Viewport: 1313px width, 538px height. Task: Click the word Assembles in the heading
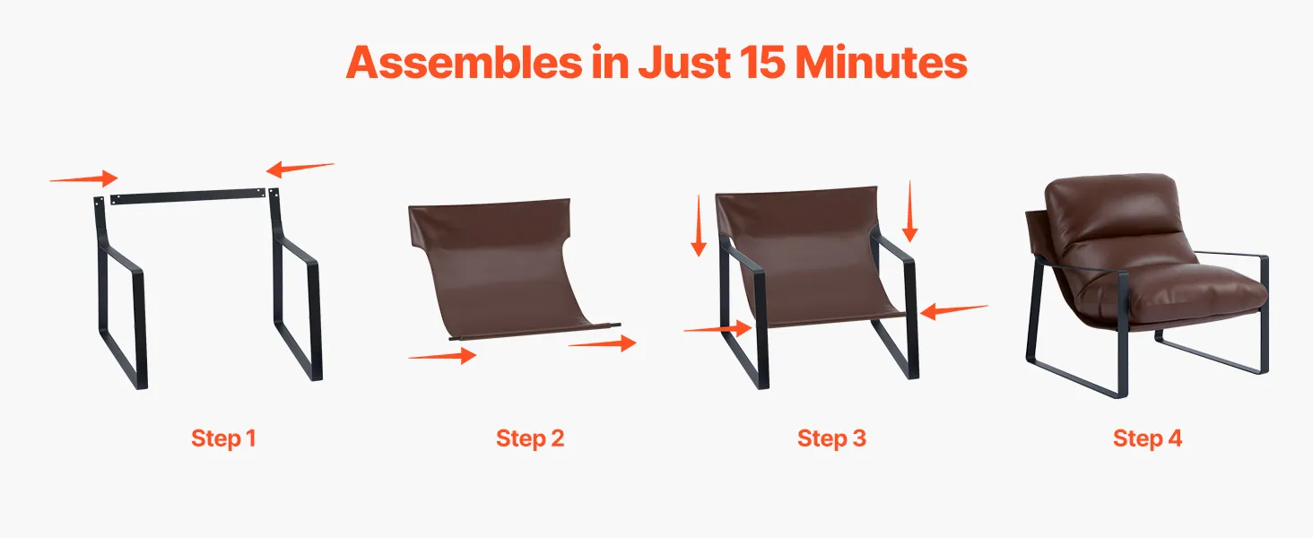click(x=465, y=62)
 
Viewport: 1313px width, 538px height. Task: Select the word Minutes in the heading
click(x=882, y=62)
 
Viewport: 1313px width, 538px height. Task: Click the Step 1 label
click(x=223, y=438)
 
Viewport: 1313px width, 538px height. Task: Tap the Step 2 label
click(x=530, y=438)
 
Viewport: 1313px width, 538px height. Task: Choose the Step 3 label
click(x=831, y=438)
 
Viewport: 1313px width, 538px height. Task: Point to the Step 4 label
click(x=1147, y=438)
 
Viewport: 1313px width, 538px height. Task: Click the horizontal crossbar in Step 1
click(x=187, y=195)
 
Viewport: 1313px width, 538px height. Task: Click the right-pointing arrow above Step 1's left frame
click(x=83, y=178)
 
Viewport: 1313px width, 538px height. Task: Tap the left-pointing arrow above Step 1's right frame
click(x=300, y=169)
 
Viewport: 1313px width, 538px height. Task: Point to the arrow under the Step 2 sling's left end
click(x=442, y=355)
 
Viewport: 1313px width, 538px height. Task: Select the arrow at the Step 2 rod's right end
click(x=603, y=343)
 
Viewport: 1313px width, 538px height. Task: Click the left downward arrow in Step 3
click(x=699, y=226)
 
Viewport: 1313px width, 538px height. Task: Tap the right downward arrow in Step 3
click(x=909, y=211)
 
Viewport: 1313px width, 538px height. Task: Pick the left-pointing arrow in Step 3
click(x=953, y=310)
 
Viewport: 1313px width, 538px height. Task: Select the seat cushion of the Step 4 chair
click(x=1172, y=293)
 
